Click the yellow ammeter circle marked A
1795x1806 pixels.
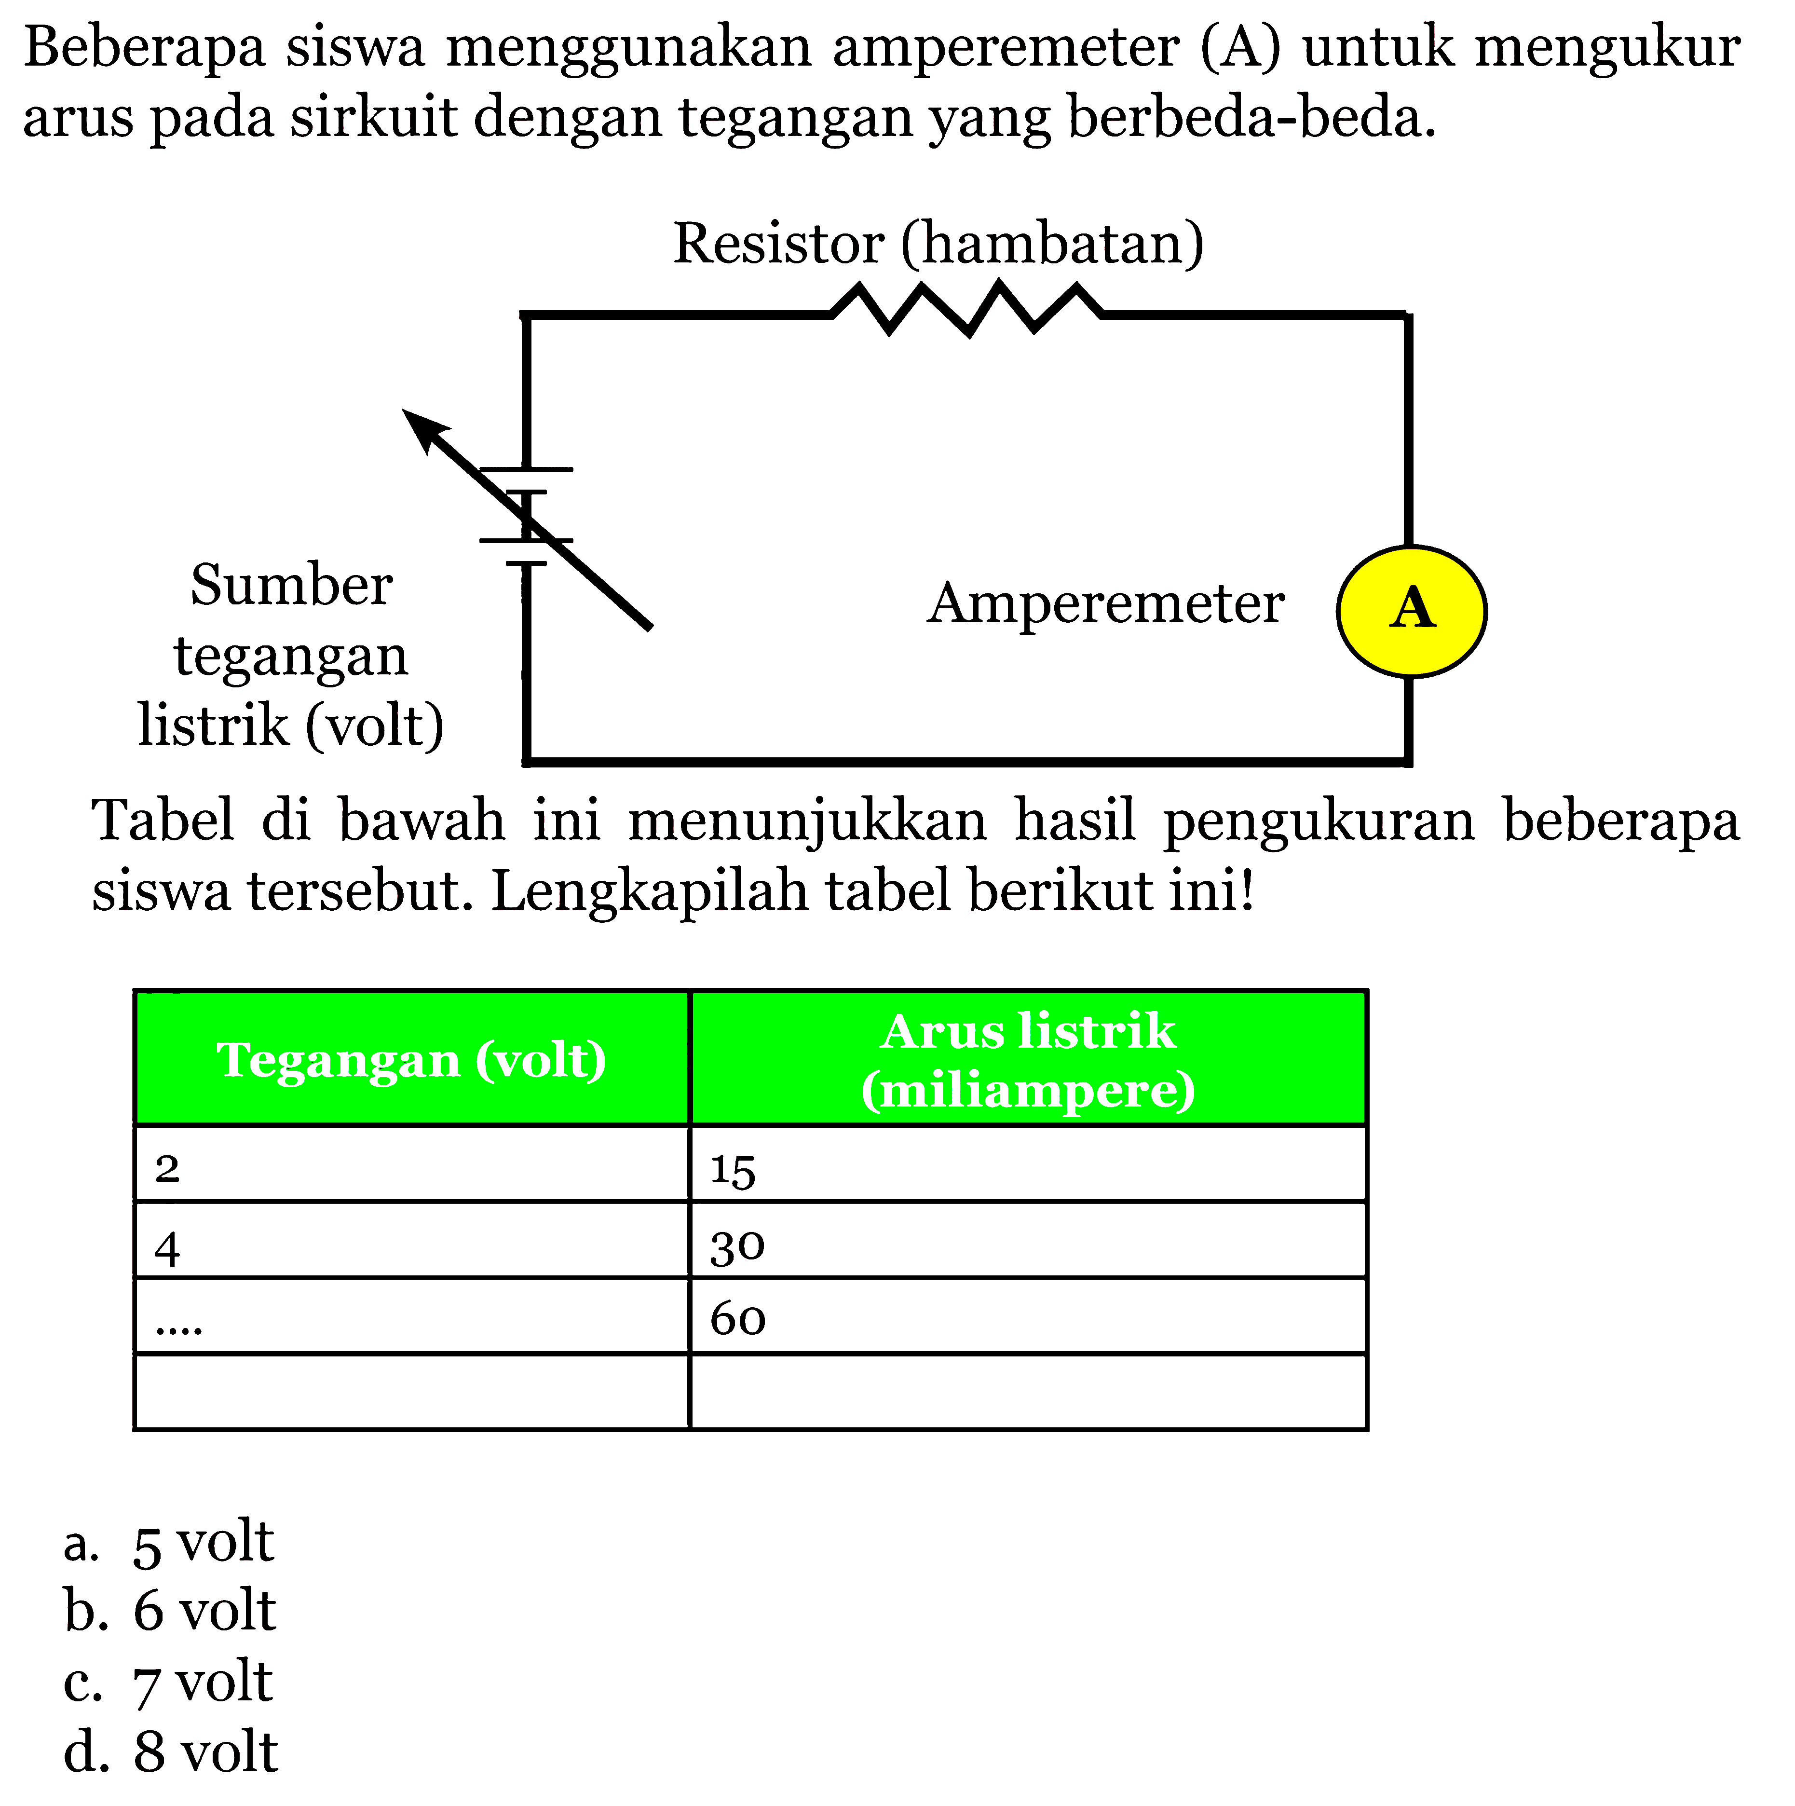(1411, 611)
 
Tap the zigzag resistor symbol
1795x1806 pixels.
(966, 309)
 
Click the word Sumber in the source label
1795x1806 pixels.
(292, 586)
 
